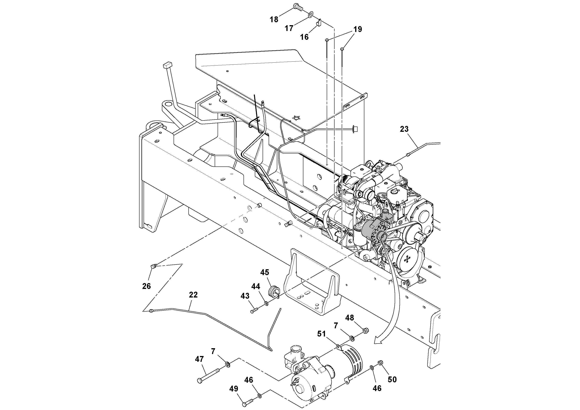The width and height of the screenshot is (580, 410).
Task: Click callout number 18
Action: pos(274,19)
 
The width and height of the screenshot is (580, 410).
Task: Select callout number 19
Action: pos(358,29)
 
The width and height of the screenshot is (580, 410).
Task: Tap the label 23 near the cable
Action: pos(404,129)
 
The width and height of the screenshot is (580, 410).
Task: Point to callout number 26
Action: pos(147,286)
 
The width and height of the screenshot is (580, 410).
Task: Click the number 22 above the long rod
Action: pos(193,295)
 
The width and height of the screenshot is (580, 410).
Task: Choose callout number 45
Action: pos(265,273)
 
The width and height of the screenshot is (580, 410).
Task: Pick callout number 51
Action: pos(322,334)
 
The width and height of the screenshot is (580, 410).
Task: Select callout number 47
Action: pos(200,359)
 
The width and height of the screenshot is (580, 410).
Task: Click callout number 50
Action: pos(392,379)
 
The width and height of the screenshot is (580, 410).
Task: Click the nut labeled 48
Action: pos(366,330)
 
